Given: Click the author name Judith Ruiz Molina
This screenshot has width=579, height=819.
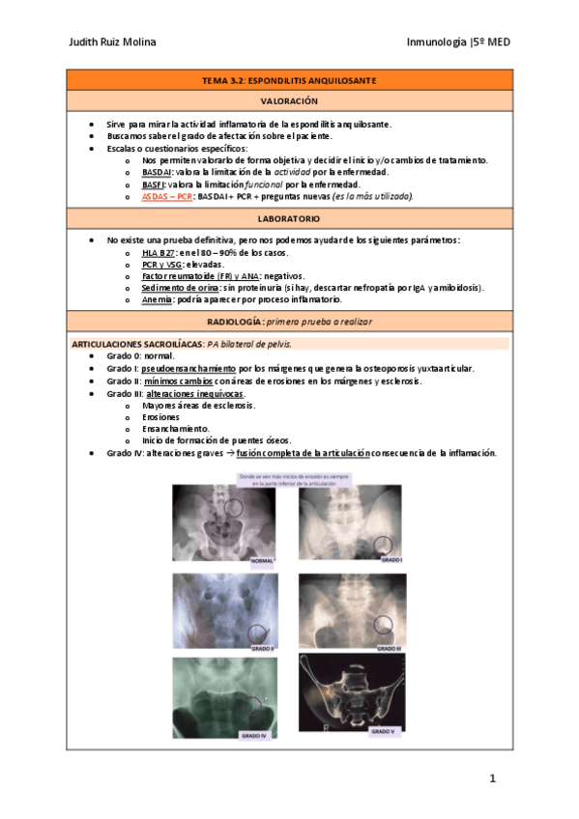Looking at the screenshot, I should pos(113,42).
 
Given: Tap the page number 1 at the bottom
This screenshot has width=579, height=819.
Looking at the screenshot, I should pos(492,777).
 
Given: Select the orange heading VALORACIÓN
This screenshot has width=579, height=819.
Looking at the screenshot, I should pos(289,100).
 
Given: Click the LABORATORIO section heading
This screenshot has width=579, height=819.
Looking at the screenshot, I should pos(289,219).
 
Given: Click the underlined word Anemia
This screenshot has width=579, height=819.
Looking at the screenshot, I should pos(157,299).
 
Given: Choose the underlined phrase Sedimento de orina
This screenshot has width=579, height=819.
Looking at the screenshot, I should pos(180,288).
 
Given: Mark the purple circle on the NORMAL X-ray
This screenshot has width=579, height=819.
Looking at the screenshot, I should pos(233,507).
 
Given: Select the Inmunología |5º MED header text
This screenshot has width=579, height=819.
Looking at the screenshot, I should pos(459,42).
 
